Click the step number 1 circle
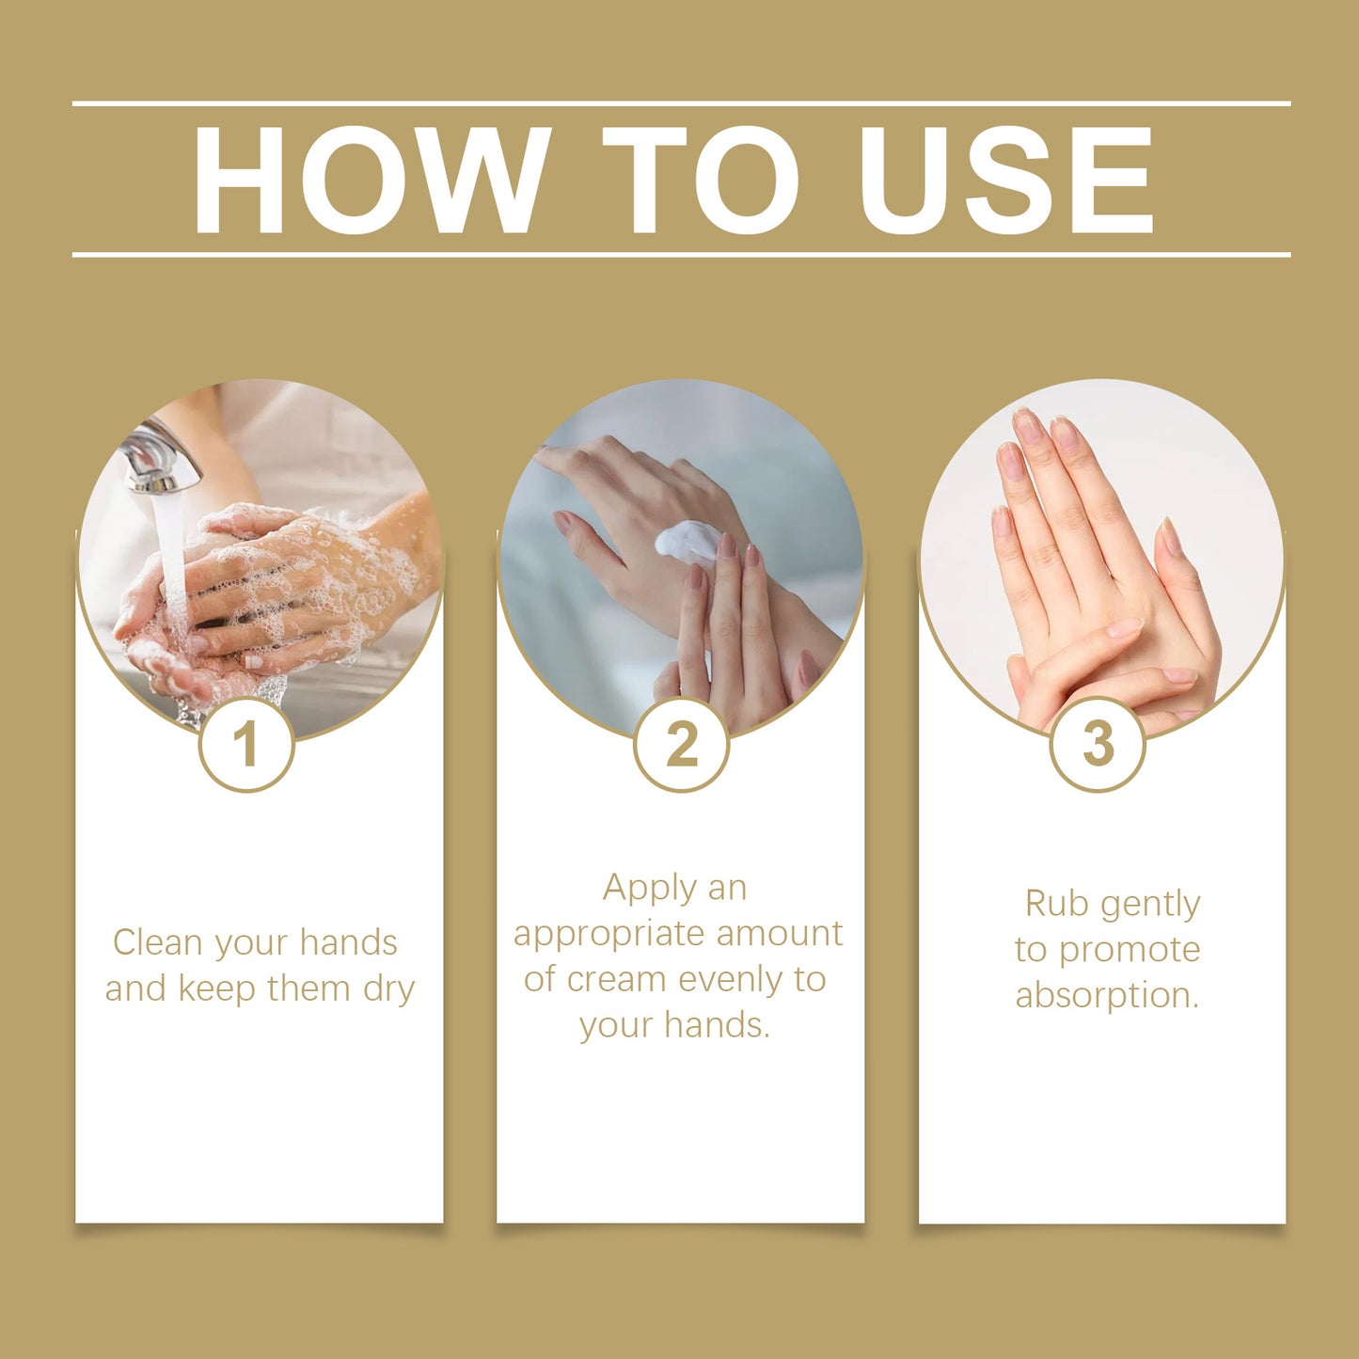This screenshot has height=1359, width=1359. tap(246, 744)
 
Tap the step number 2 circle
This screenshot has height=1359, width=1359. tap(681, 744)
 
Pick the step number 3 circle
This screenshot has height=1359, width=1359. tap(1097, 744)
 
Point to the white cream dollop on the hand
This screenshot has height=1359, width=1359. tap(687, 543)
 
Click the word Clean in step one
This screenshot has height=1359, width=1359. tap(158, 942)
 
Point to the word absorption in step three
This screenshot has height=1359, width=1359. tap(1106, 996)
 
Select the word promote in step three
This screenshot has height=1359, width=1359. tap(1130, 951)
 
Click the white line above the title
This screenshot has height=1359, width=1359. tap(681, 103)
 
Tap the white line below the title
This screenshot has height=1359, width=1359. tap(681, 255)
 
